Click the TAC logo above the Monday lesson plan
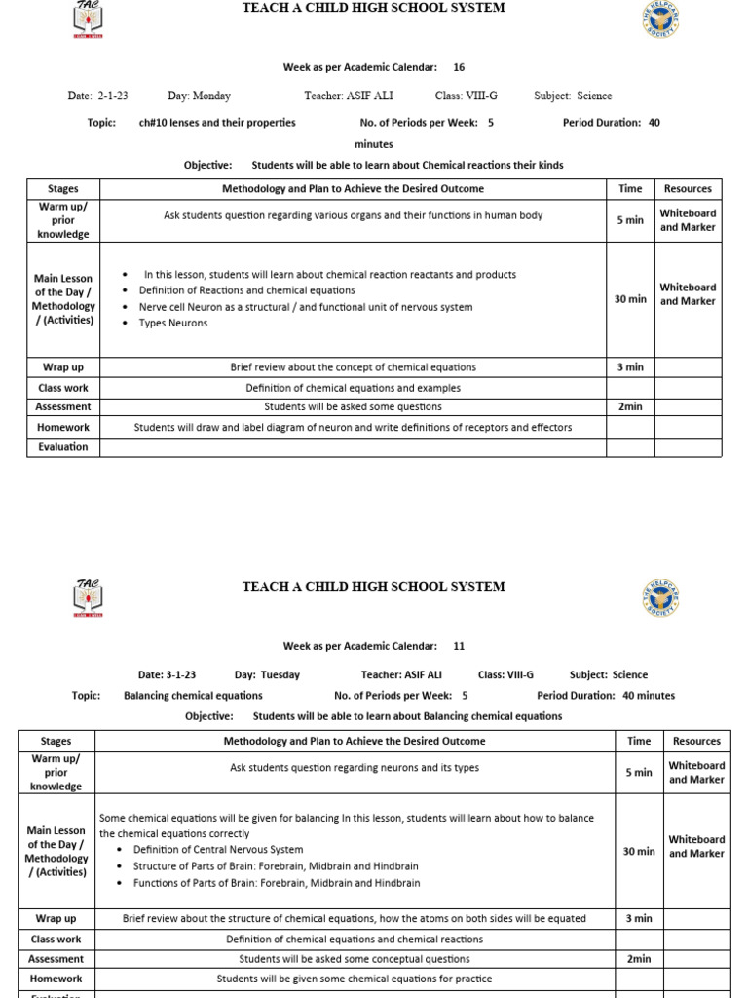point(88,19)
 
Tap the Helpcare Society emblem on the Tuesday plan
point(659,597)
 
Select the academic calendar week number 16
point(459,67)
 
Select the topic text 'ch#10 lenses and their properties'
point(217,123)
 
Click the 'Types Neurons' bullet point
point(172,323)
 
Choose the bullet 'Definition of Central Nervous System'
point(220,850)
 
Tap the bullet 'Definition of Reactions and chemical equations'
point(246,290)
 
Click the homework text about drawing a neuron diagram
point(353,427)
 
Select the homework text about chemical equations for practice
point(355,979)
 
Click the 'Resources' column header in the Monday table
point(688,189)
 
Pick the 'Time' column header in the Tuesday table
point(638,741)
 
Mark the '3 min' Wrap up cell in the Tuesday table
point(638,918)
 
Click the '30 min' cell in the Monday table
point(630,299)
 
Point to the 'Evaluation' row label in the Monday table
point(63,447)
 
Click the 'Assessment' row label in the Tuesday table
point(56,959)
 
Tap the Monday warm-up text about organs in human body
point(353,215)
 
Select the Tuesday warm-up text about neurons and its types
point(355,768)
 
